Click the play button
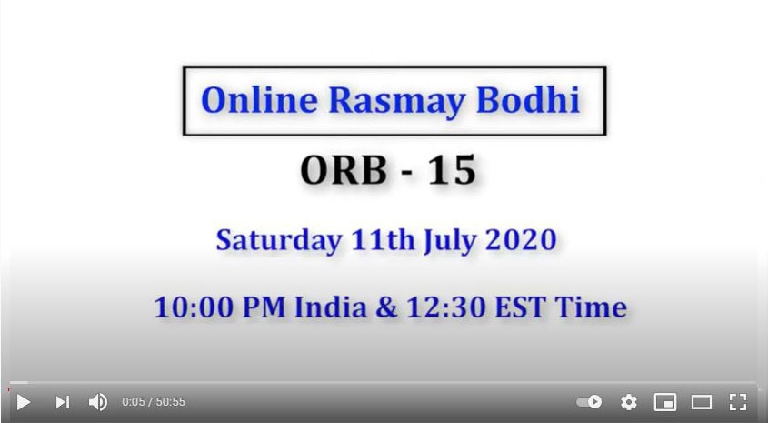pos(23,402)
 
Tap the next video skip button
pos(62,402)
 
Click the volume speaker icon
pos(98,402)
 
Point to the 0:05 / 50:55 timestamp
pos(154,402)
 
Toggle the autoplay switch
pos(589,402)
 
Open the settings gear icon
pos(629,402)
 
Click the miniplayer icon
pos(665,402)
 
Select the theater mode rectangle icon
pos(702,402)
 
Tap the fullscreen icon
pos(738,402)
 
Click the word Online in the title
pos(260,100)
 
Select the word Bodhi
pos(528,100)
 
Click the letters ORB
pos(344,169)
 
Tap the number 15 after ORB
pos(452,169)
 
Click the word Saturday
pos(279,240)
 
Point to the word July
pos(449,241)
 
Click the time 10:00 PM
pos(220,307)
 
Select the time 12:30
pos(445,307)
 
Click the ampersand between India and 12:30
pos(386,307)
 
